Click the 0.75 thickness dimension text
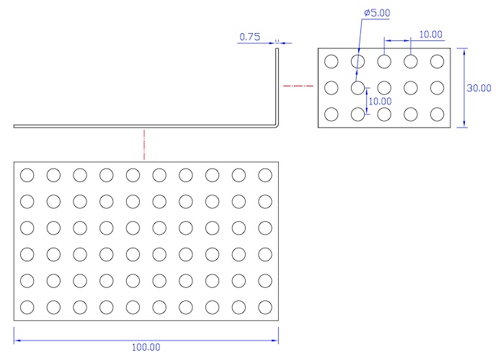point(249,36)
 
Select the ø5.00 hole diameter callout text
point(377,13)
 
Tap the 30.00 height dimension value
point(479,88)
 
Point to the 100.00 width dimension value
point(146,347)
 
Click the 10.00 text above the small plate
point(430,34)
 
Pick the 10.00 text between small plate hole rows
point(380,102)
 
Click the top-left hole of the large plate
point(27,175)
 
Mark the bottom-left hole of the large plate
point(27,307)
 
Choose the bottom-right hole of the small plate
point(437,114)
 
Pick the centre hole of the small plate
point(384,88)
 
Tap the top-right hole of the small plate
point(437,61)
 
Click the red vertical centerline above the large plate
point(145,144)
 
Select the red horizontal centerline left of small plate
point(297,87)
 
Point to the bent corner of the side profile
point(277,125)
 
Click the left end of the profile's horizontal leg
point(15,126)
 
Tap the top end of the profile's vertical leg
point(277,49)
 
